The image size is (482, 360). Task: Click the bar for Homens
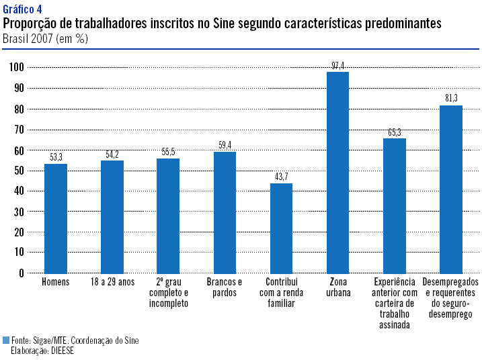point(56,218)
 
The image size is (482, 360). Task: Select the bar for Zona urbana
point(337,172)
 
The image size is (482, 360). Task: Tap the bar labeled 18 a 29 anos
point(112,216)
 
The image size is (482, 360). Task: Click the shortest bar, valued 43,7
point(281,228)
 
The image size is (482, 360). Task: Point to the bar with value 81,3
point(450,189)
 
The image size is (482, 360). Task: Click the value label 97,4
point(337,65)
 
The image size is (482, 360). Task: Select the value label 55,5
point(168,152)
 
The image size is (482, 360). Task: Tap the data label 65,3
point(394,132)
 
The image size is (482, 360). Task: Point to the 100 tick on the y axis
point(17,67)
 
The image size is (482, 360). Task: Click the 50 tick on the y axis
point(19,171)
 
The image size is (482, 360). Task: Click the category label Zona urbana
point(337,287)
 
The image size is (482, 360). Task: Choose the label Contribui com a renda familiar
point(281,293)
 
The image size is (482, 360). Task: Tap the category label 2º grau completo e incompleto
point(168,293)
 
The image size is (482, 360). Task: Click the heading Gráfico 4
point(23,9)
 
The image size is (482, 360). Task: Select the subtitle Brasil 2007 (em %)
point(45,38)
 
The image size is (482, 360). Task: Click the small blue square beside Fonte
point(6,341)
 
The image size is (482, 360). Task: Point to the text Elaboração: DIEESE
point(42,351)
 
